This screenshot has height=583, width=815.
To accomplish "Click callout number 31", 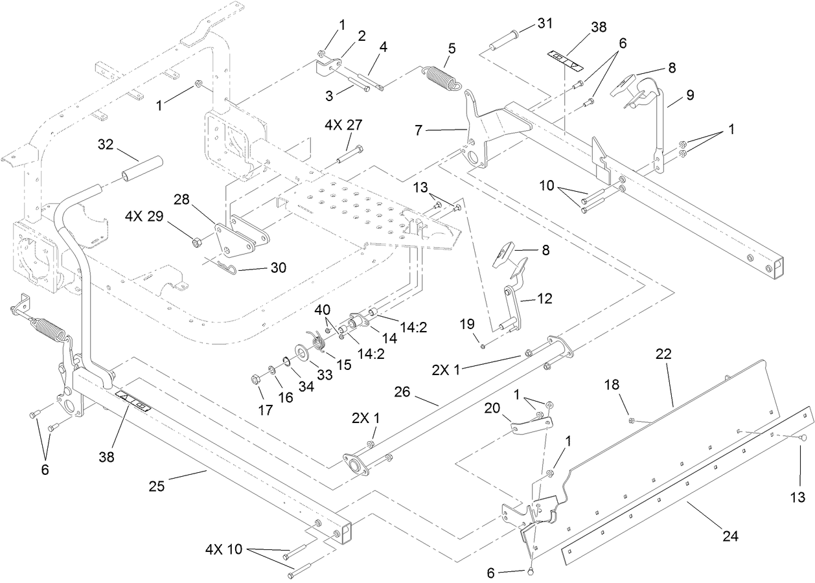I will pyautogui.click(x=545, y=24).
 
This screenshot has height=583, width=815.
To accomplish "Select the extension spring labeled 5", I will pyautogui.click(x=442, y=75).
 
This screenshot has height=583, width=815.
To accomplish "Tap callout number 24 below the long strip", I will pyautogui.click(x=729, y=536).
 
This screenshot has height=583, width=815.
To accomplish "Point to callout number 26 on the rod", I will pyautogui.click(x=406, y=393).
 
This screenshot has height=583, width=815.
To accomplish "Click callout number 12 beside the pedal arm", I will pyautogui.click(x=545, y=299).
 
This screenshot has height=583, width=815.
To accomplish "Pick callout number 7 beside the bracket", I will pyautogui.click(x=419, y=131).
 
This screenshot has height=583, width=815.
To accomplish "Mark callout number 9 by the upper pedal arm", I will pyautogui.click(x=690, y=95).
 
